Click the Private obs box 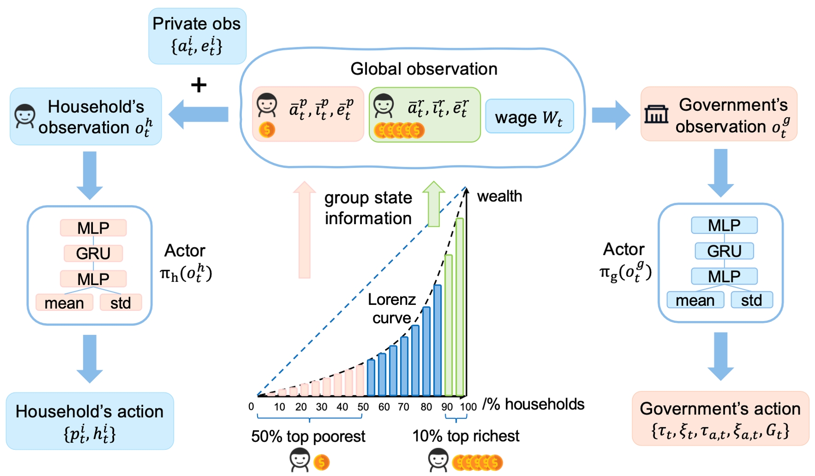click(x=197, y=36)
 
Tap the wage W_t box click(x=529, y=117)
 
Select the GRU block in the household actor click(x=93, y=253)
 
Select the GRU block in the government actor click(x=724, y=251)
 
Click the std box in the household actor click(x=121, y=303)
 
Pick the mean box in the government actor click(x=695, y=300)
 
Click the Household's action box click(x=90, y=421)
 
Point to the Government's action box click(x=720, y=419)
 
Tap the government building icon click(x=656, y=115)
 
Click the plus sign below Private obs click(x=199, y=85)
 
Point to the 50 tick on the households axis click(x=363, y=407)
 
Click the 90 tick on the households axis click(x=447, y=407)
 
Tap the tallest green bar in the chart click(x=459, y=307)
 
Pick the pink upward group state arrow click(x=304, y=230)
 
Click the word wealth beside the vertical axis click(x=499, y=196)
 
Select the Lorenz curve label click(x=392, y=309)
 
